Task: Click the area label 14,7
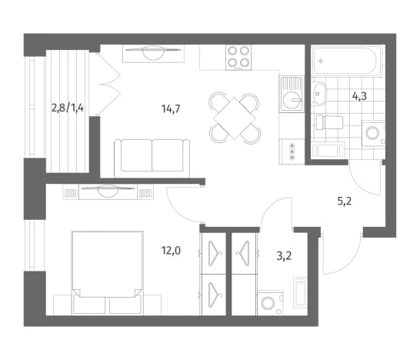171,108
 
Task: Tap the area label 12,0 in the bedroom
171,251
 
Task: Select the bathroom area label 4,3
359,95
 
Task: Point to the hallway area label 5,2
344,201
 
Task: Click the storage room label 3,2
284,256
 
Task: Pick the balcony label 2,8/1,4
68,108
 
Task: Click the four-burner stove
238,58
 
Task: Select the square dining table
235,118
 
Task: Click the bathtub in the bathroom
348,61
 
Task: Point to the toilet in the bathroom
329,122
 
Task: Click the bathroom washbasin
319,94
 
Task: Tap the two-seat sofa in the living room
152,158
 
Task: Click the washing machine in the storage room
271,303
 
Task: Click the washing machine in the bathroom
374,133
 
